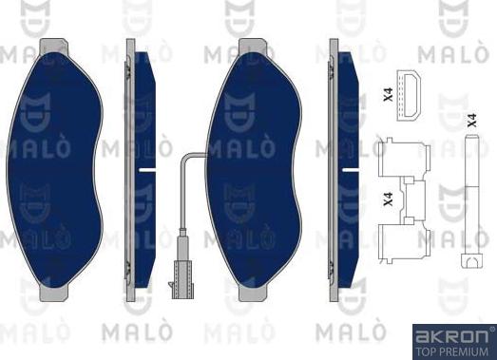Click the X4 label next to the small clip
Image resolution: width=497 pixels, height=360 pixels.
[388, 94]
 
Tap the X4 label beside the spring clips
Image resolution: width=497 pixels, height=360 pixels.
[387, 199]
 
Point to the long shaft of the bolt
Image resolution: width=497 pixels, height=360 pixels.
[469, 199]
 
